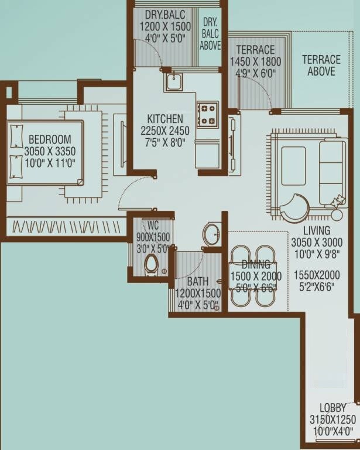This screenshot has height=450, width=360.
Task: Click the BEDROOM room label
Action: click(50, 139)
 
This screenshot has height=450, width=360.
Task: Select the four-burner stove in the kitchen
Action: click(207, 114)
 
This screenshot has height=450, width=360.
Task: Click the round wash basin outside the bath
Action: click(211, 234)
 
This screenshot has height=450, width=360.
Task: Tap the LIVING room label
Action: click(316, 231)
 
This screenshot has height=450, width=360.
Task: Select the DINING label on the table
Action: click(256, 265)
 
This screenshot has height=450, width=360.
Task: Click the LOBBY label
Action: click(332, 407)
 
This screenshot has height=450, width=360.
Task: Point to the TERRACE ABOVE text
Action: click(321, 66)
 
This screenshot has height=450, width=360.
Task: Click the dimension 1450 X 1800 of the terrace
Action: click(255, 62)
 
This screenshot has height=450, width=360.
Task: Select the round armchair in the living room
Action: click(294, 208)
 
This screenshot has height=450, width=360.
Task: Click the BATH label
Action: click(197, 282)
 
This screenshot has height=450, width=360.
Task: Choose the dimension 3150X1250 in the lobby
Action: click(332, 420)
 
